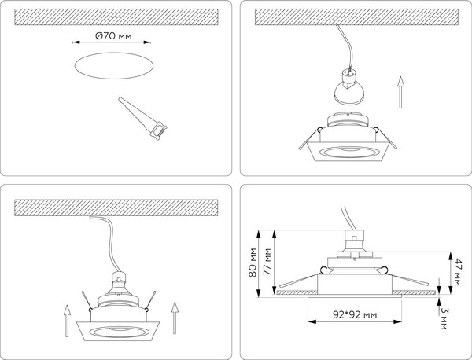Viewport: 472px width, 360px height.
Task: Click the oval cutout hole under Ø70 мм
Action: pyautogui.click(x=113, y=68)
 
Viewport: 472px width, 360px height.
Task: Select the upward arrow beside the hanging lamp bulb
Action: pyautogui.click(x=401, y=91)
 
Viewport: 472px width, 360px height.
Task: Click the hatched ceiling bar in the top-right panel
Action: pyautogui.click(x=354, y=15)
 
